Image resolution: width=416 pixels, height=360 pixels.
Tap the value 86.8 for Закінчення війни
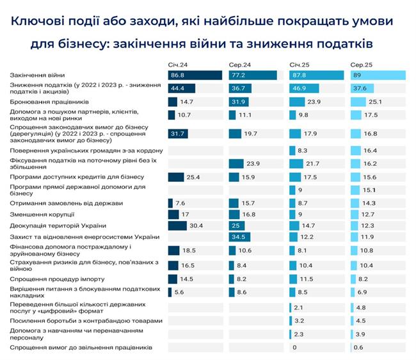179,76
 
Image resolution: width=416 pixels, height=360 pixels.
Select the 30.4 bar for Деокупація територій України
177,225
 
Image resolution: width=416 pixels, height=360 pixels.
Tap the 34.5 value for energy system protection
238,237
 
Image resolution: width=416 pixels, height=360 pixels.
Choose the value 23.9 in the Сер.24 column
255,163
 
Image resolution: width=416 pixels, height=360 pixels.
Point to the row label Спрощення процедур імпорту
49,279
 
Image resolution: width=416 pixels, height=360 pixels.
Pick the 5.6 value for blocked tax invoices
181,291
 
